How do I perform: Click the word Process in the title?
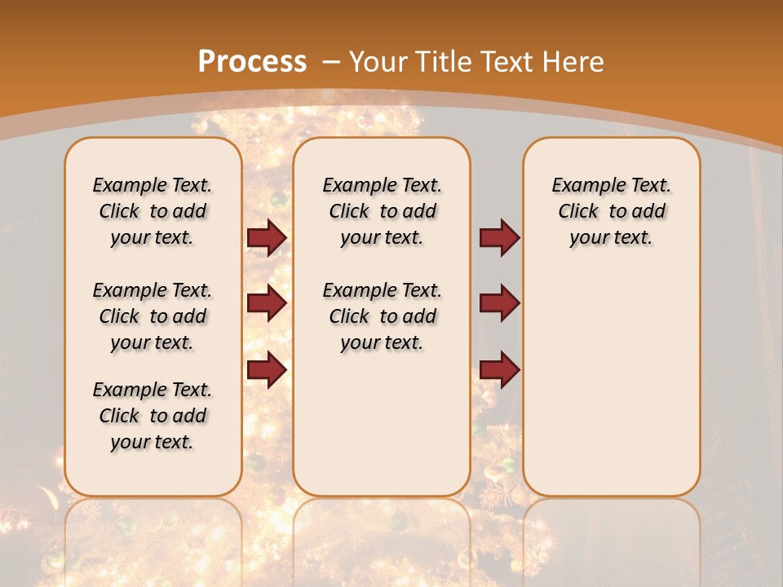(x=252, y=61)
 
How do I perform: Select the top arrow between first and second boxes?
(x=266, y=238)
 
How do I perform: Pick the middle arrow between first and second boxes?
(x=266, y=303)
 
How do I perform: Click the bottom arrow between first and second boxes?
(x=266, y=369)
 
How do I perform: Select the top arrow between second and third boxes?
(x=499, y=238)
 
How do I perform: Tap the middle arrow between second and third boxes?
(x=499, y=303)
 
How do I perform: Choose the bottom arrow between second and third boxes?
(x=499, y=369)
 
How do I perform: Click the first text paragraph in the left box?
(x=153, y=211)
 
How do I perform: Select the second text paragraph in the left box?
(x=153, y=316)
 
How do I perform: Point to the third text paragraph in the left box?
(x=153, y=416)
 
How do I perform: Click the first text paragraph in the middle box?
(x=383, y=211)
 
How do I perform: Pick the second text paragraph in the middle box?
(x=383, y=316)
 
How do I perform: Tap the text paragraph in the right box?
(x=612, y=211)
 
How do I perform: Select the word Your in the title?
(x=379, y=61)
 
